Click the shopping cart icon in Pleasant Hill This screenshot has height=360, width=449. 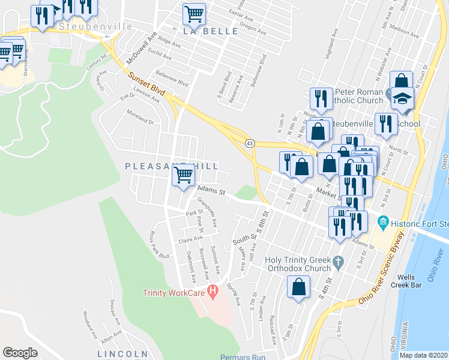click(184, 175)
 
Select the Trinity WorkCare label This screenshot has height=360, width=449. click(174, 293)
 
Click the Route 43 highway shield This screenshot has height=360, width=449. click(249, 143)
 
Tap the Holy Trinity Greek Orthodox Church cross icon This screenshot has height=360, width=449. click(339, 261)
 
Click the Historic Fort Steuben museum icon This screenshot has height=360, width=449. click(382, 223)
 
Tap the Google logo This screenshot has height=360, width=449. click(20, 352)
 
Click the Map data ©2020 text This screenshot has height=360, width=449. click(423, 355)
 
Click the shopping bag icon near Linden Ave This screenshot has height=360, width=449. click(298, 288)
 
